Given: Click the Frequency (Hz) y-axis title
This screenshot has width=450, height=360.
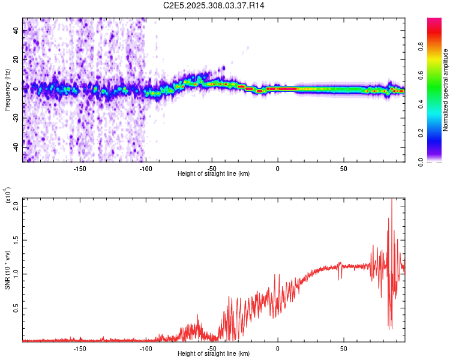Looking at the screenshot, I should click(x=8, y=90).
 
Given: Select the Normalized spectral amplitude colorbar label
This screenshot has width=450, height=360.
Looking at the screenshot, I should click(x=445, y=90).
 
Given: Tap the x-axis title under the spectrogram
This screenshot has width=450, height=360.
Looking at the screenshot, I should click(x=214, y=173).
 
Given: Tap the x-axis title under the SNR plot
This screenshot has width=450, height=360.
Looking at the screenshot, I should click(x=214, y=353).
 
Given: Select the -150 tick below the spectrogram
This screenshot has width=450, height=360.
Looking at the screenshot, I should click(x=80, y=168).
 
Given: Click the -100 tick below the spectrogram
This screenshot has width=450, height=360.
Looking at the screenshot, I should click(x=146, y=168).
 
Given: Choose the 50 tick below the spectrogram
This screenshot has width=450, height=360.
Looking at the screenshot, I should click(x=343, y=168).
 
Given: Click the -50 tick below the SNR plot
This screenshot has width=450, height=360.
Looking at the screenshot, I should click(x=212, y=348).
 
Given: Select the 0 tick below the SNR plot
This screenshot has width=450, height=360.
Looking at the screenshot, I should click(x=278, y=348).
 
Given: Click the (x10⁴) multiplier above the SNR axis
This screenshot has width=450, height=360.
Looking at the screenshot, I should click(x=8, y=195).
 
